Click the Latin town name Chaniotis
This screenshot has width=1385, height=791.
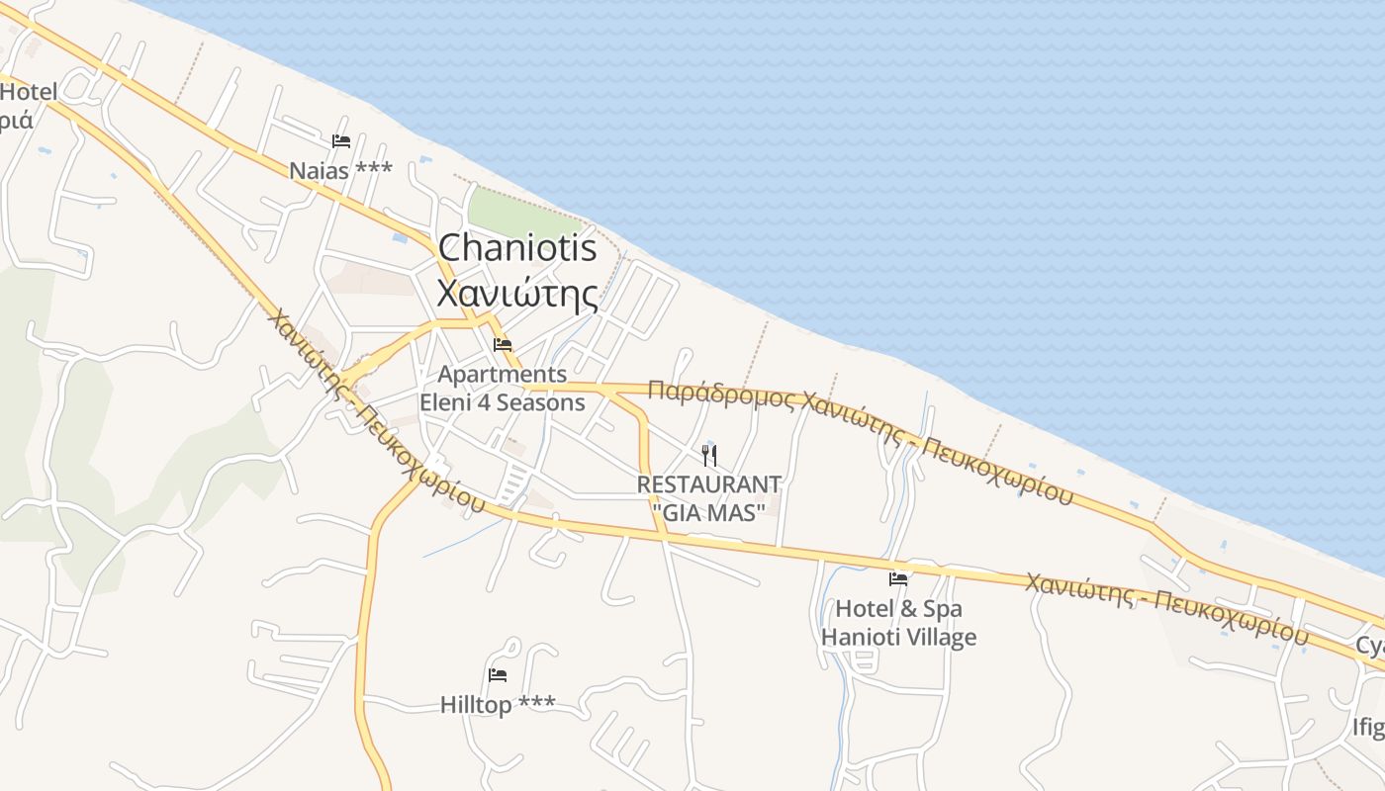(517, 248)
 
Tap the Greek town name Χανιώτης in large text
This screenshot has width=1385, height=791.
(517, 294)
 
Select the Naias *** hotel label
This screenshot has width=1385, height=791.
(340, 170)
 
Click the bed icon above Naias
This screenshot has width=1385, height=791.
(341, 141)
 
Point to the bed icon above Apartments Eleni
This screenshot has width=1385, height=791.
(503, 345)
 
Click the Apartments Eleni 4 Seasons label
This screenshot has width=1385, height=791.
(503, 389)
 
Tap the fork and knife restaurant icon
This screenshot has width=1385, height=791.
(709, 456)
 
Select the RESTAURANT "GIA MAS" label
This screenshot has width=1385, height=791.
(709, 498)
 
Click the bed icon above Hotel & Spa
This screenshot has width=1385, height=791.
(898, 578)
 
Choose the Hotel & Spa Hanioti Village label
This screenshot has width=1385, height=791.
(898, 623)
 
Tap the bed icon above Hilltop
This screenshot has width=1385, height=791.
(498, 675)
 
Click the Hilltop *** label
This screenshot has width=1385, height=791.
(498, 704)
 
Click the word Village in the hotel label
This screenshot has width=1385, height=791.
(941, 638)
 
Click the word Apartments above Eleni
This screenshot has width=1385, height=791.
(503, 375)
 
